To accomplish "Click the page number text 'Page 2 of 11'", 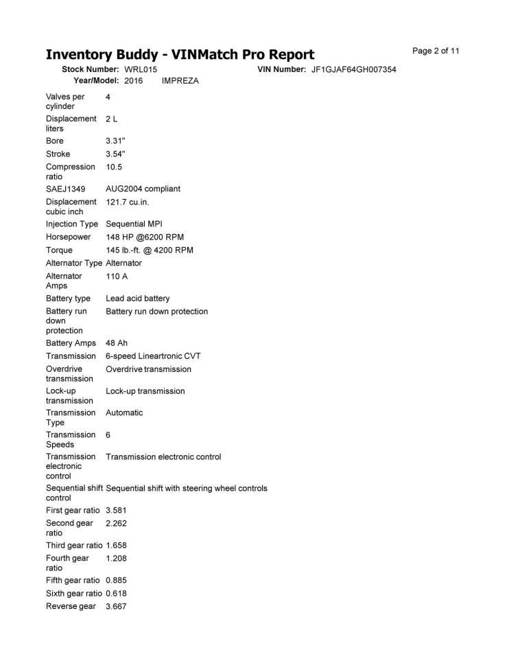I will coord(436,51).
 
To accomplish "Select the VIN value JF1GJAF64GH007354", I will coord(353,70).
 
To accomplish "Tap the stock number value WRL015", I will coord(141,70).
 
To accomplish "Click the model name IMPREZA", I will coord(180,81).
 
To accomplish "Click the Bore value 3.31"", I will coord(115,141).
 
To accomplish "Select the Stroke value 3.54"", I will coord(115,154).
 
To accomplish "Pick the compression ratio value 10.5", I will coord(114,167).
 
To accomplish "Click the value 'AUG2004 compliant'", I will coord(143,189).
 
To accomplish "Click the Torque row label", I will coord(59,250).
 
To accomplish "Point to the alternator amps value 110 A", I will coord(117,276).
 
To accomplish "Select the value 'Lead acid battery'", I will coord(137,299).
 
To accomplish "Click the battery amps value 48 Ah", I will coord(117,343).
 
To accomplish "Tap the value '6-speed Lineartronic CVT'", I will coord(153,356).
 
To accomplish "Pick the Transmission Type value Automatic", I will coord(124,413).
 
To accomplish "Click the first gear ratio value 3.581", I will coord(116,510).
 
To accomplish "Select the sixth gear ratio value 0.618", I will coord(116,593).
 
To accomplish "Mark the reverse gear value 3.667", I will coord(116,606).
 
